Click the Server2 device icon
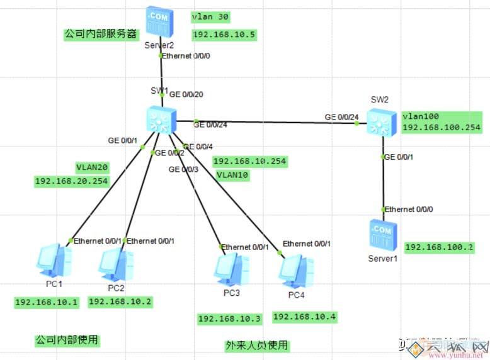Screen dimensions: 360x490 [158, 23]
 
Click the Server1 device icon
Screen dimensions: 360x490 [382, 236]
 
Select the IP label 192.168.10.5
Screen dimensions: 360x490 [224, 35]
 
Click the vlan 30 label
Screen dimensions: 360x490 [212, 16]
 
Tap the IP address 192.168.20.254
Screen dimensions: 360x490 [72, 181]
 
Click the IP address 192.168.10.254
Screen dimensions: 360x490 [249, 161]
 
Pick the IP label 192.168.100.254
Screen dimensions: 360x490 [441, 127]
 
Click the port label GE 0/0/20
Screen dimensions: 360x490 [188, 94]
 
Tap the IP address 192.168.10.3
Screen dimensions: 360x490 [229, 319]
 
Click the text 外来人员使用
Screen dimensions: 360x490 [256, 346]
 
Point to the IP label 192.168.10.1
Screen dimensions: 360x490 [47, 302]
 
